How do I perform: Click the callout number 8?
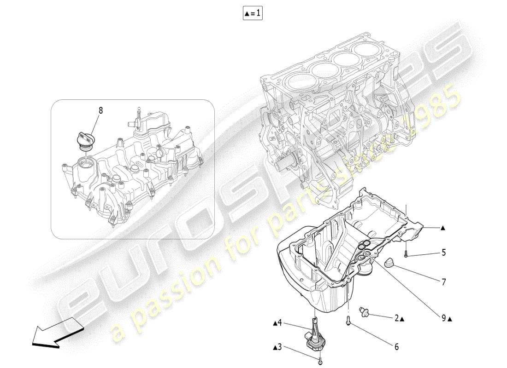coord(100,110)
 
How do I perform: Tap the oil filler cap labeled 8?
coord(85,139)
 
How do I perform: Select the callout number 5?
coord(444,252)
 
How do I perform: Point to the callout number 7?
coord(444,282)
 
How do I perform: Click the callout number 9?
coord(444,317)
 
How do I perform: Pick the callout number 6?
coord(396,347)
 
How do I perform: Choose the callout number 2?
coord(396,318)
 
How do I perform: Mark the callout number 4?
coord(279,323)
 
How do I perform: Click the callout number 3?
coord(279,347)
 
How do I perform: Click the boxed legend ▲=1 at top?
coord(253,14)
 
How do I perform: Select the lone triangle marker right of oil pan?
coord(442,228)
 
